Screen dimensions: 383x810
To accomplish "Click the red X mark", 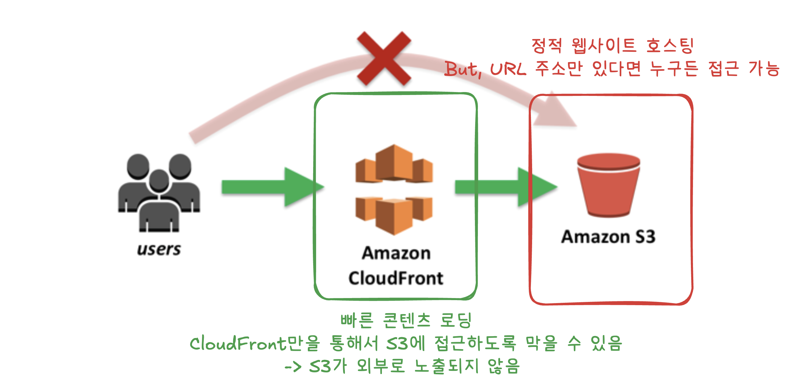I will (x=384, y=58).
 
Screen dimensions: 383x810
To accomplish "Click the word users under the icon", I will (x=159, y=250).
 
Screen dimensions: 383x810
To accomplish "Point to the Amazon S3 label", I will (x=609, y=237).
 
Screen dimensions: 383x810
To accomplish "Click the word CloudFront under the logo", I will (x=396, y=279).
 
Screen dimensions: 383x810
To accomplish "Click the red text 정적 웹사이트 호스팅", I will (x=612, y=46).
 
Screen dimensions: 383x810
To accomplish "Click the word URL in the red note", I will (x=508, y=69).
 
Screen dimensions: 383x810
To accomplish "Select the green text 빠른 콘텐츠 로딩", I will (x=406, y=321).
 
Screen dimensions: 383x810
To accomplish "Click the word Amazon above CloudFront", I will (x=396, y=253).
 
